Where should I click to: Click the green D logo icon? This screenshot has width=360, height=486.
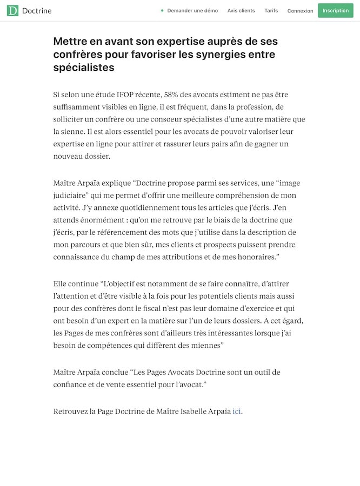point(12,10)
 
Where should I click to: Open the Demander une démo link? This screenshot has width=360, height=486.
point(192,11)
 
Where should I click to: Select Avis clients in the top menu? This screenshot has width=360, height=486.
point(241,11)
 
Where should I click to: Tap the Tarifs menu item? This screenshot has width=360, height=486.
point(271,11)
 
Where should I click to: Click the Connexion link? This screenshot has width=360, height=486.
point(300,11)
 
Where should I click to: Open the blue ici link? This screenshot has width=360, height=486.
point(237,411)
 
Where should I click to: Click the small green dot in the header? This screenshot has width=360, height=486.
point(162,11)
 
